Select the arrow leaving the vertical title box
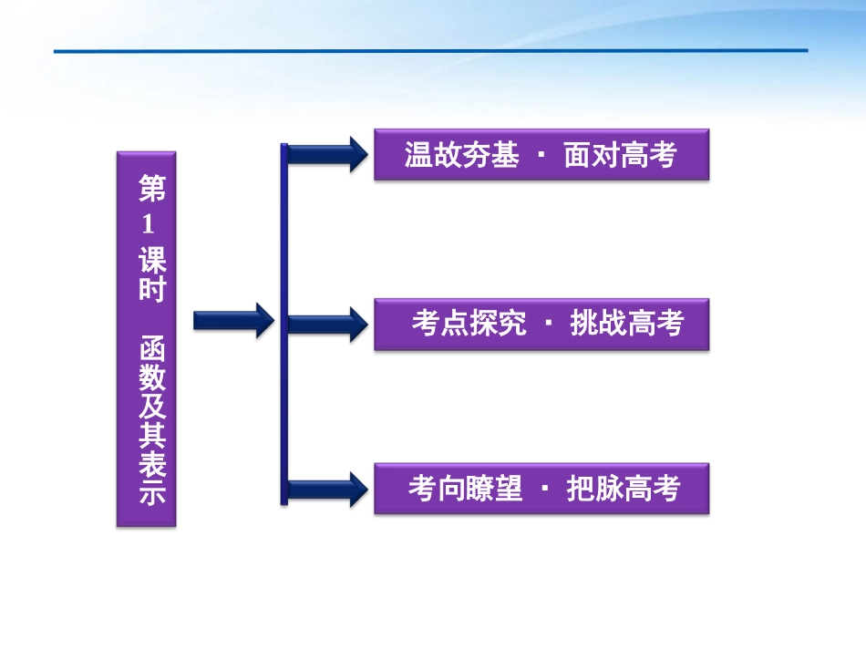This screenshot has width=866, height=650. click(x=233, y=320)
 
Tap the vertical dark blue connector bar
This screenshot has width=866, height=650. click(x=284, y=324)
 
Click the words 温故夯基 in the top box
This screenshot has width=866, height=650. click(x=461, y=156)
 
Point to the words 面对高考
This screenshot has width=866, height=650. click(x=620, y=156)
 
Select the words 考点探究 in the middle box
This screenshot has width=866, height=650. click(x=469, y=324)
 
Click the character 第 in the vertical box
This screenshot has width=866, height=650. click(x=152, y=190)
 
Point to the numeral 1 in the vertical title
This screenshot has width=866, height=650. click(x=149, y=225)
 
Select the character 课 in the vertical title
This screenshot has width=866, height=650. click(x=152, y=261)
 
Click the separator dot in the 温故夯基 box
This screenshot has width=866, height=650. click(x=541, y=156)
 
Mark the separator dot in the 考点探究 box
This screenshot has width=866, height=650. click(x=548, y=324)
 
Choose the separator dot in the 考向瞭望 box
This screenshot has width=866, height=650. click(x=544, y=490)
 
